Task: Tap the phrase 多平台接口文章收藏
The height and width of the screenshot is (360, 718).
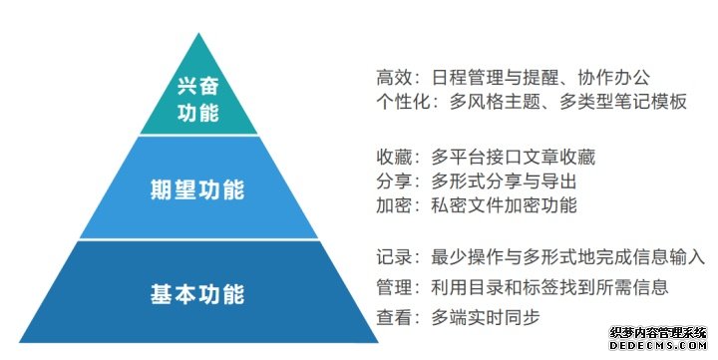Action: pyautogui.click(x=513, y=158)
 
